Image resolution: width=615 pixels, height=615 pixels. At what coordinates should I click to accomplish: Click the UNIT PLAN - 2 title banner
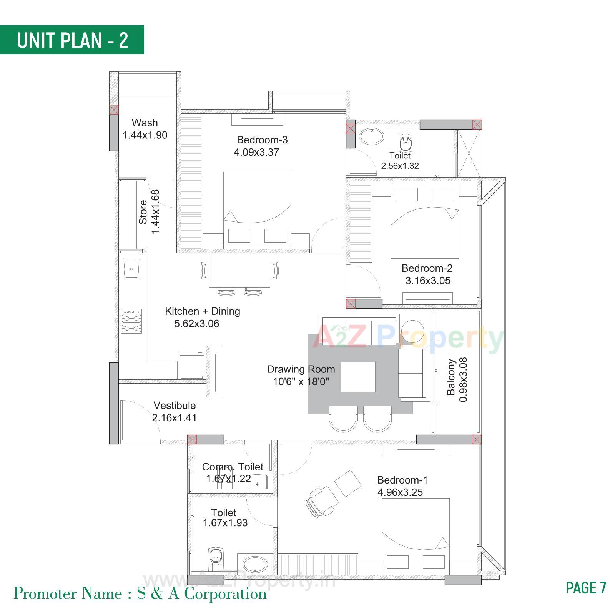coord(72,40)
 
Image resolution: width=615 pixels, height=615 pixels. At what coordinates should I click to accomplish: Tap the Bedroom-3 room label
coord(262,140)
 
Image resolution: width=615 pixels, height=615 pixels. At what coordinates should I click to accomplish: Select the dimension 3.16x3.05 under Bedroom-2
coord(428,281)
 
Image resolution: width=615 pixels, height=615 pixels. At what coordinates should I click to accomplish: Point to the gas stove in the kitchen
coord(131,321)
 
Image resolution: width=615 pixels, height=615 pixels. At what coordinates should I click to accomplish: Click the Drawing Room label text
coord(301,369)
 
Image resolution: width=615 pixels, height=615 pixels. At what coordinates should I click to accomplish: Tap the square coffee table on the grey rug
coord(358,377)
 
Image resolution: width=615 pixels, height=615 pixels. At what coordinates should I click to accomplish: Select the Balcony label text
coord(451,377)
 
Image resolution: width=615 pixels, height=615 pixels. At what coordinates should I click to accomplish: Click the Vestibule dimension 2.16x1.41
coord(174,418)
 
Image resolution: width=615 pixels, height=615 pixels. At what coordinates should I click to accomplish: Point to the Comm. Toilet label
coord(233,467)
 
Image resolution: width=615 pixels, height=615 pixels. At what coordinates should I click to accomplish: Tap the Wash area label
coord(145,123)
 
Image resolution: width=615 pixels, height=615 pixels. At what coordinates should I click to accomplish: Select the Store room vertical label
coord(143,212)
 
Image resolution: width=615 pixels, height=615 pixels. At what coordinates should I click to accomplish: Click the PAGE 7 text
coord(586,588)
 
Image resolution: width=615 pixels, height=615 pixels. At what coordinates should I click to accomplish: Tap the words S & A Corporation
coord(202,594)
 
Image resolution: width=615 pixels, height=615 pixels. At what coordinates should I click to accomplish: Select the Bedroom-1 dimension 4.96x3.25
coord(400,492)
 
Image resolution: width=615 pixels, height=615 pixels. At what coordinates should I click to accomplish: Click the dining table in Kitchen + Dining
coord(239,270)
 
